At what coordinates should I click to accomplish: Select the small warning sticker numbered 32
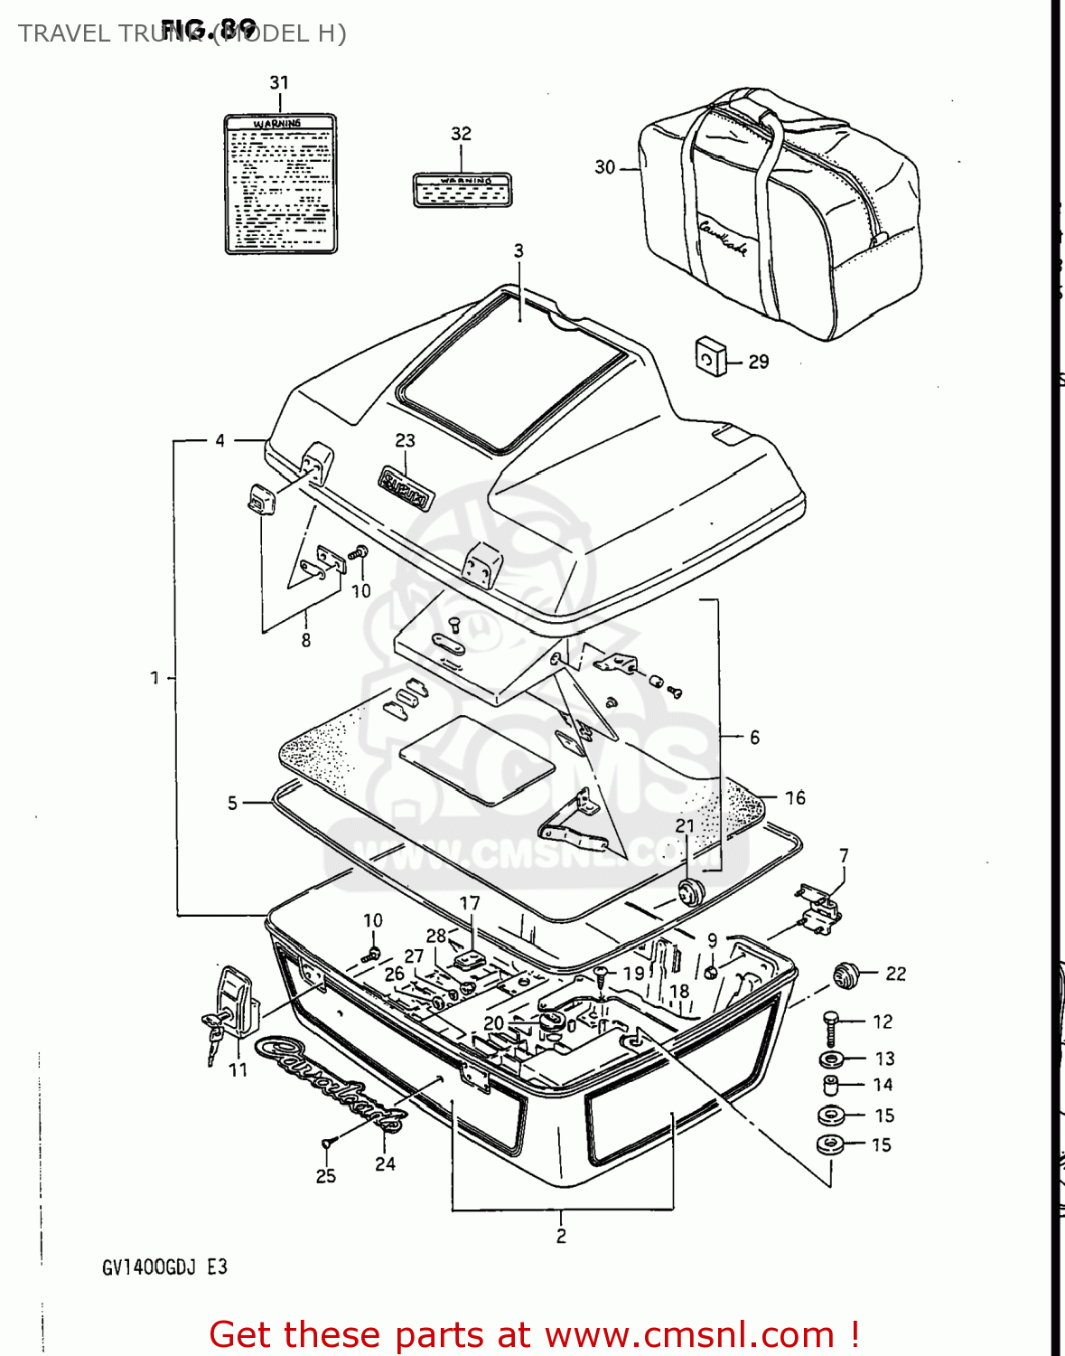click(462, 190)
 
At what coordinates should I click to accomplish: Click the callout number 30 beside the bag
click(605, 167)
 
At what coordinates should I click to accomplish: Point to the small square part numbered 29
click(710, 358)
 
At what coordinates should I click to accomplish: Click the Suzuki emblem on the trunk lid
click(406, 488)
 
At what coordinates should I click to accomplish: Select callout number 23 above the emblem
click(405, 440)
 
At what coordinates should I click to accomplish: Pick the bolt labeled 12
click(832, 1027)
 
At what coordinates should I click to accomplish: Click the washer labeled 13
click(831, 1059)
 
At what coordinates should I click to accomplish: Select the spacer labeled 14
click(830, 1086)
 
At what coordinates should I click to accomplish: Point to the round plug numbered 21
click(691, 890)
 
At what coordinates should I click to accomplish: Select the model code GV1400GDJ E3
click(164, 1267)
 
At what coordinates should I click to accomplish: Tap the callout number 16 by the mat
click(795, 797)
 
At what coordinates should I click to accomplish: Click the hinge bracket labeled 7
click(820, 909)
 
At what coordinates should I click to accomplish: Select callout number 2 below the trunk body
click(561, 1236)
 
